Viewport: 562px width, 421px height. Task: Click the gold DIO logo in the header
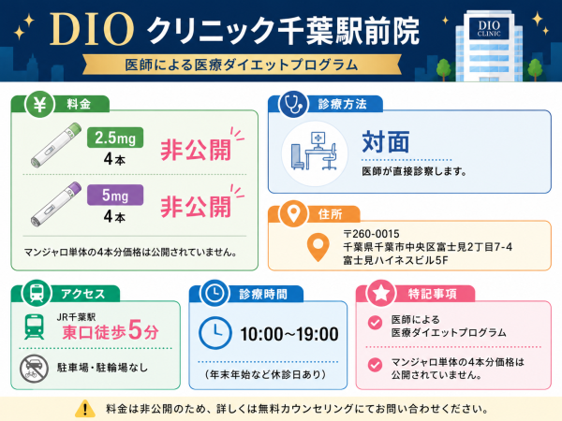(x=92, y=30)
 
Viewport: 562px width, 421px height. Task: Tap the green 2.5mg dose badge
(x=115, y=138)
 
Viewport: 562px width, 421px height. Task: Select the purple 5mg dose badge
(x=115, y=196)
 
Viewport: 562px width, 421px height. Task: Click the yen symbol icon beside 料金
(x=39, y=105)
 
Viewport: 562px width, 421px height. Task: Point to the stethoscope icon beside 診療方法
(x=293, y=105)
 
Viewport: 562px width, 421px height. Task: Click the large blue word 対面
(x=386, y=142)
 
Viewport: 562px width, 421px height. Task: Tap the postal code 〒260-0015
(x=371, y=234)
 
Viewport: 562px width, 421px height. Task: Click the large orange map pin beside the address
(x=318, y=247)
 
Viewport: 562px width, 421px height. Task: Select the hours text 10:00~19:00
(x=289, y=334)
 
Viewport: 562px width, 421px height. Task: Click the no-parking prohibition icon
(x=34, y=369)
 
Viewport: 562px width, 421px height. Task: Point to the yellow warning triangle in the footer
(x=85, y=409)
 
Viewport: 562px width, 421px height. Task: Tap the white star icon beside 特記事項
(x=380, y=294)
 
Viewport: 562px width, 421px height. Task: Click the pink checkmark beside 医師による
(x=375, y=323)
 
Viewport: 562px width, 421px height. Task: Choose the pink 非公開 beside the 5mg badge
(x=196, y=207)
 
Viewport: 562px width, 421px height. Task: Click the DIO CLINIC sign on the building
(x=489, y=29)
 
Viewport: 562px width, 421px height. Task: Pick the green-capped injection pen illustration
(x=56, y=145)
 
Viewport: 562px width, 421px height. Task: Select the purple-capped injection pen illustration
(x=56, y=204)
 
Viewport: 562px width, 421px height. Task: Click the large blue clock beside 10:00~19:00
(x=215, y=333)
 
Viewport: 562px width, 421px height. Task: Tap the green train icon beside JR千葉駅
(x=35, y=327)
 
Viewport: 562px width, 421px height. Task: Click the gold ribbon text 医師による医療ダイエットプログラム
(x=242, y=65)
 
